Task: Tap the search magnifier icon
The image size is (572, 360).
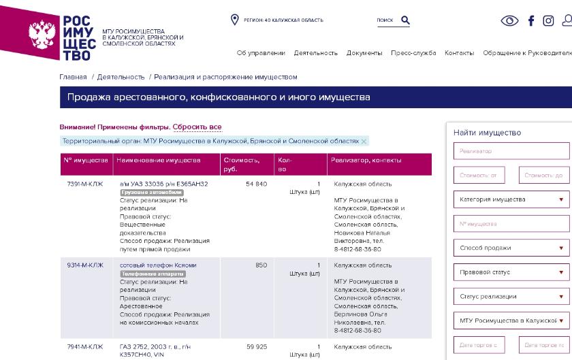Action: point(405,20)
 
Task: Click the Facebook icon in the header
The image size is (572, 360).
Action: point(531,20)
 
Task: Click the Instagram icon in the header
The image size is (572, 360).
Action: point(548,20)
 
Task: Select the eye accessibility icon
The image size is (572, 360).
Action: point(509,20)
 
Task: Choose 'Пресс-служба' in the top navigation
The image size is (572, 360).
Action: point(413,53)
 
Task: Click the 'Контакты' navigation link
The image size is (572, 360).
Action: point(459,53)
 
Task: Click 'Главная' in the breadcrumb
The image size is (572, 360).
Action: point(73,77)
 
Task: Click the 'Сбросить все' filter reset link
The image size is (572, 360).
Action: point(197,127)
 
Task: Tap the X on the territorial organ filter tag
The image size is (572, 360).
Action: point(364,142)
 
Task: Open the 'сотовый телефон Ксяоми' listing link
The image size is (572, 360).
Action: point(158,265)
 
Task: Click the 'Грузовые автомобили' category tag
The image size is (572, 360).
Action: point(151,193)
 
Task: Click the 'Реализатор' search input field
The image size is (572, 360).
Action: point(511,151)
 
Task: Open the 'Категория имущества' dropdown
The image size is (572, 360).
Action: point(511,199)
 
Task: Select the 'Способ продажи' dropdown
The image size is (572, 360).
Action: point(511,248)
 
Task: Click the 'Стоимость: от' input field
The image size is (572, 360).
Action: point(479,176)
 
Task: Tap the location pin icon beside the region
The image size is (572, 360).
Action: point(235,20)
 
